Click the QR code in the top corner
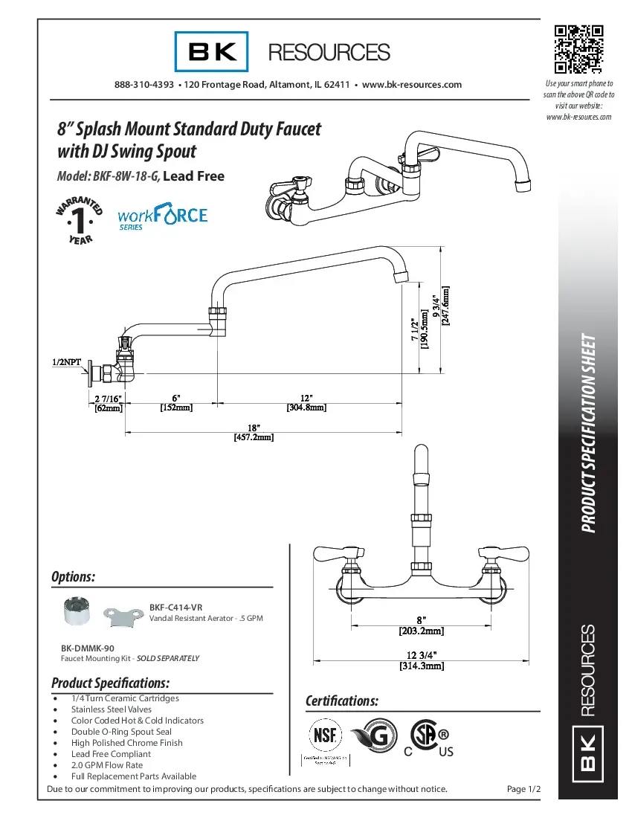tap(578, 50)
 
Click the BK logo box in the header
tap(206, 51)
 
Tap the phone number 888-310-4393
tap(144, 85)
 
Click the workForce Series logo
tap(163, 218)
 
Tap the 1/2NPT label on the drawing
tap(66, 362)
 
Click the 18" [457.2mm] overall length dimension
tap(254, 433)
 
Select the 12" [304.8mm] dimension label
tap(306, 402)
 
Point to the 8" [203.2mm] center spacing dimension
tap(421, 625)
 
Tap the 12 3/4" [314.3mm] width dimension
tap(421, 660)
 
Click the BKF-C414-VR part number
tap(175, 607)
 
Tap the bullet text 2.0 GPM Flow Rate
tap(107, 764)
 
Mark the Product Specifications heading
tap(111, 683)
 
